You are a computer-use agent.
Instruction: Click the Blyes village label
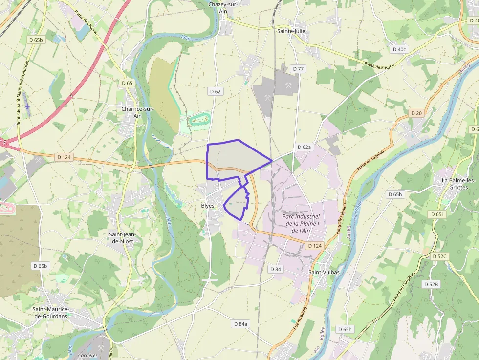pyautogui.click(x=208, y=206)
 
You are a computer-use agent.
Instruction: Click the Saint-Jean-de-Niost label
pyautogui.click(x=122, y=238)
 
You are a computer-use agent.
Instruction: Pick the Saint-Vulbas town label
pyautogui.click(x=325, y=272)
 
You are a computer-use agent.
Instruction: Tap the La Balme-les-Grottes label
pyautogui.click(x=459, y=184)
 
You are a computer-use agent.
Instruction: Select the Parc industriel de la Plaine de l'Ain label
pyautogui.click(x=301, y=223)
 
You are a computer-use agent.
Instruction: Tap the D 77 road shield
pyautogui.click(x=298, y=69)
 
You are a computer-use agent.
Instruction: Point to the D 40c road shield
pyautogui.click(x=399, y=49)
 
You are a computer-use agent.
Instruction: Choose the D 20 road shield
pyautogui.click(x=416, y=113)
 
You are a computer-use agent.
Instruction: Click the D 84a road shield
pyautogui.click(x=241, y=324)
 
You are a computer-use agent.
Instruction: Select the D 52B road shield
pyautogui.click(x=432, y=284)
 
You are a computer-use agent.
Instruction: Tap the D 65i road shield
pyautogui.click(x=437, y=214)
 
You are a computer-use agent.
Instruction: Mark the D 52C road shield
pyautogui.click(x=440, y=256)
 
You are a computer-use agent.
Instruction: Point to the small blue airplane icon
pyautogui.click(x=27, y=106)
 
